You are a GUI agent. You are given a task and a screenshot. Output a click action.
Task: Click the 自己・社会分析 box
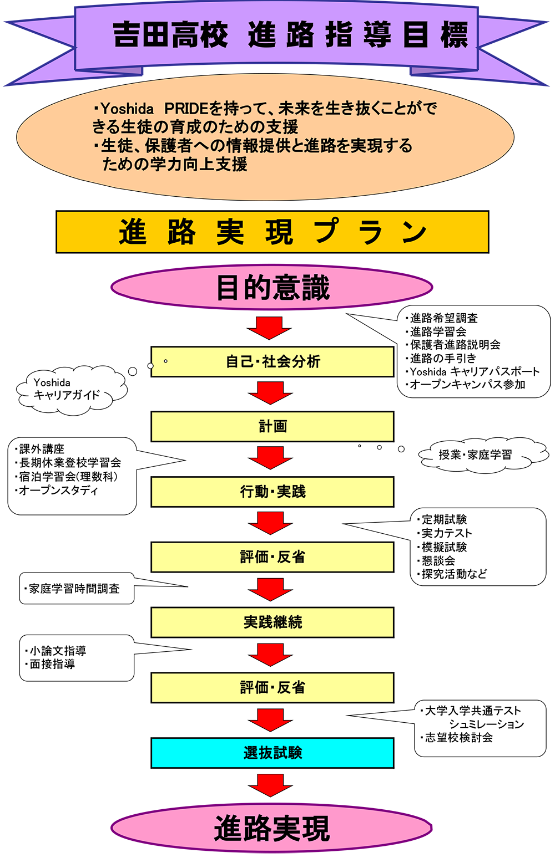(273, 361)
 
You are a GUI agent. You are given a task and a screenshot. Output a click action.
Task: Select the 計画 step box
(273, 426)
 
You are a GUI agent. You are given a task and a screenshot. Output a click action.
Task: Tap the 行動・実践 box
(273, 492)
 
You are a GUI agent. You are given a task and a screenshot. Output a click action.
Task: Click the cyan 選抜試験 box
(273, 753)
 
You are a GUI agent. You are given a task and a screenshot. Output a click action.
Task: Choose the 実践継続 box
(273, 622)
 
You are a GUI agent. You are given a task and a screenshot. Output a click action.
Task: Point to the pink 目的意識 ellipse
(272, 287)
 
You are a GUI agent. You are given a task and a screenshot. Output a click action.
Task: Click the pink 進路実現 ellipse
(271, 828)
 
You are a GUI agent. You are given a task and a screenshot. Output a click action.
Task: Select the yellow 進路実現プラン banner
(273, 232)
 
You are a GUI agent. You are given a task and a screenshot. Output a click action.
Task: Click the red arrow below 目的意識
(269, 328)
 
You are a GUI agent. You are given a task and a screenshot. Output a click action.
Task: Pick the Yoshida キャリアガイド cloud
(72, 390)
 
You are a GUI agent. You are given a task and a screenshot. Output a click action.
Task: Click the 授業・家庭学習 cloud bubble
(483, 455)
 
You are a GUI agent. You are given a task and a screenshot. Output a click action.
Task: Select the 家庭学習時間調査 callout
(77, 588)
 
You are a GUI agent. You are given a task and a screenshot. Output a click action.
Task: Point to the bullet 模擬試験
(444, 547)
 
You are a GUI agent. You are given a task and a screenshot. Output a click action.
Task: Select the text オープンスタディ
(59, 491)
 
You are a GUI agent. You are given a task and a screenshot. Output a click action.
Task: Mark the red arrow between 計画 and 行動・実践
(270, 458)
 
